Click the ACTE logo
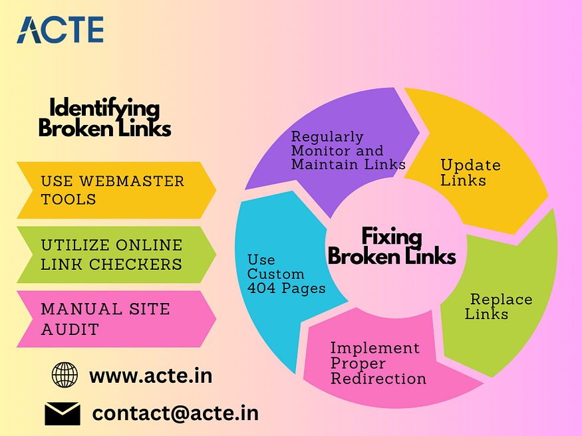click(60, 30)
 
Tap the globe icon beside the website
click(65, 375)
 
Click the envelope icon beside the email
click(63, 413)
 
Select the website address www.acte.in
click(150, 376)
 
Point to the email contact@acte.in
click(175, 413)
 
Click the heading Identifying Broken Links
click(105, 118)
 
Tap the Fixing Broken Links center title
click(392, 246)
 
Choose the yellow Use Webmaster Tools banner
click(113, 190)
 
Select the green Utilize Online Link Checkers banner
click(113, 255)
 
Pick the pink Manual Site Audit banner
click(113, 319)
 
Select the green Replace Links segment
click(499, 306)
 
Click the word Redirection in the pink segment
click(378, 379)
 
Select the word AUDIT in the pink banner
click(70, 329)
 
